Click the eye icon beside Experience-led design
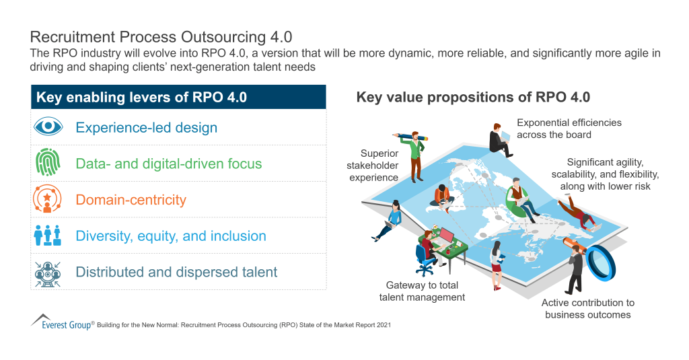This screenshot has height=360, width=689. (x=48, y=127)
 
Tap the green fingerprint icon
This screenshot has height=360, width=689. (x=48, y=164)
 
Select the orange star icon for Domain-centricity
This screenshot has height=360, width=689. (x=48, y=200)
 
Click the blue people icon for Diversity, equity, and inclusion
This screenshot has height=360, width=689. (x=48, y=236)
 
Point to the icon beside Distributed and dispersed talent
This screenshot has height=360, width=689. (x=48, y=273)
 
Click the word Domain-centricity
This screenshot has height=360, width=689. (x=131, y=200)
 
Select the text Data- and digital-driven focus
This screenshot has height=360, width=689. (x=168, y=164)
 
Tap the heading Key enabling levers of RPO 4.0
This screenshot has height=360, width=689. (x=141, y=98)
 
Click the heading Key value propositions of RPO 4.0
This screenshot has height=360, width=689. (x=473, y=98)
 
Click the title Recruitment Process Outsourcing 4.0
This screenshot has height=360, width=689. (x=161, y=36)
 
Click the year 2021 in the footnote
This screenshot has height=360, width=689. (x=383, y=325)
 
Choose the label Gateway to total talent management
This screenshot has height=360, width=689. (x=422, y=291)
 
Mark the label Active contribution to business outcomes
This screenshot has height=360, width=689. (x=587, y=309)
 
